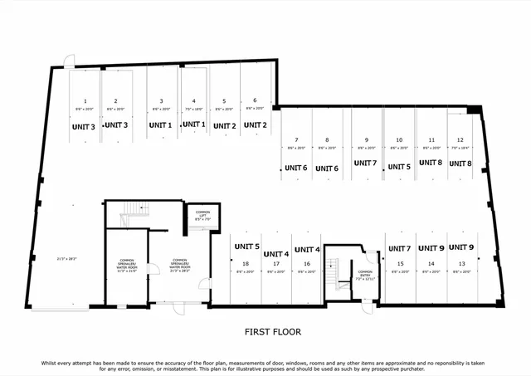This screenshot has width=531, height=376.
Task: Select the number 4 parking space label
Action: (x=192, y=100)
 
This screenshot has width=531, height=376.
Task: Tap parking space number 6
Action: (x=255, y=100)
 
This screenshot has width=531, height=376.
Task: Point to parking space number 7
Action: (x=296, y=139)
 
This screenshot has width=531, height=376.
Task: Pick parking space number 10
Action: (x=399, y=139)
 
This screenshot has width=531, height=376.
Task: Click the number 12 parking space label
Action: (x=460, y=139)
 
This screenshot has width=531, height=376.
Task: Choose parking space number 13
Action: (x=460, y=264)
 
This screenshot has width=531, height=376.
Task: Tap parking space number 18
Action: (x=245, y=264)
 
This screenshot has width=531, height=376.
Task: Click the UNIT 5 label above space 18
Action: (x=246, y=247)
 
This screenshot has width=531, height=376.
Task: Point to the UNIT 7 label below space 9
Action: (x=365, y=164)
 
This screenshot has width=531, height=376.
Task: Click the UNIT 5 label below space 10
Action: (x=399, y=167)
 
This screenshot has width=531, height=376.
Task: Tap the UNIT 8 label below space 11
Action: (x=430, y=164)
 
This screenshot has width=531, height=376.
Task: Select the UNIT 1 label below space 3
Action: (x=160, y=125)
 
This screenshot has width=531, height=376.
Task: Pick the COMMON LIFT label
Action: (x=202, y=214)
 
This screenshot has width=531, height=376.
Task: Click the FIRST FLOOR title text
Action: (x=272, y=332)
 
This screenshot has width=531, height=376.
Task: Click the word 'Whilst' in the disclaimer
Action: (x=52, y=364)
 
